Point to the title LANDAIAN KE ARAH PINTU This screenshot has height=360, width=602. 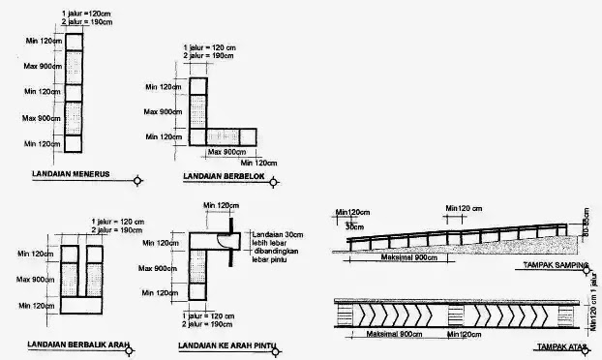[225, 345]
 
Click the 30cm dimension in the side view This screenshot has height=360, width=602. [354, 225]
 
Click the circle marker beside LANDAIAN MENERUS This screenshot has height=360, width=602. [138, 179]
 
